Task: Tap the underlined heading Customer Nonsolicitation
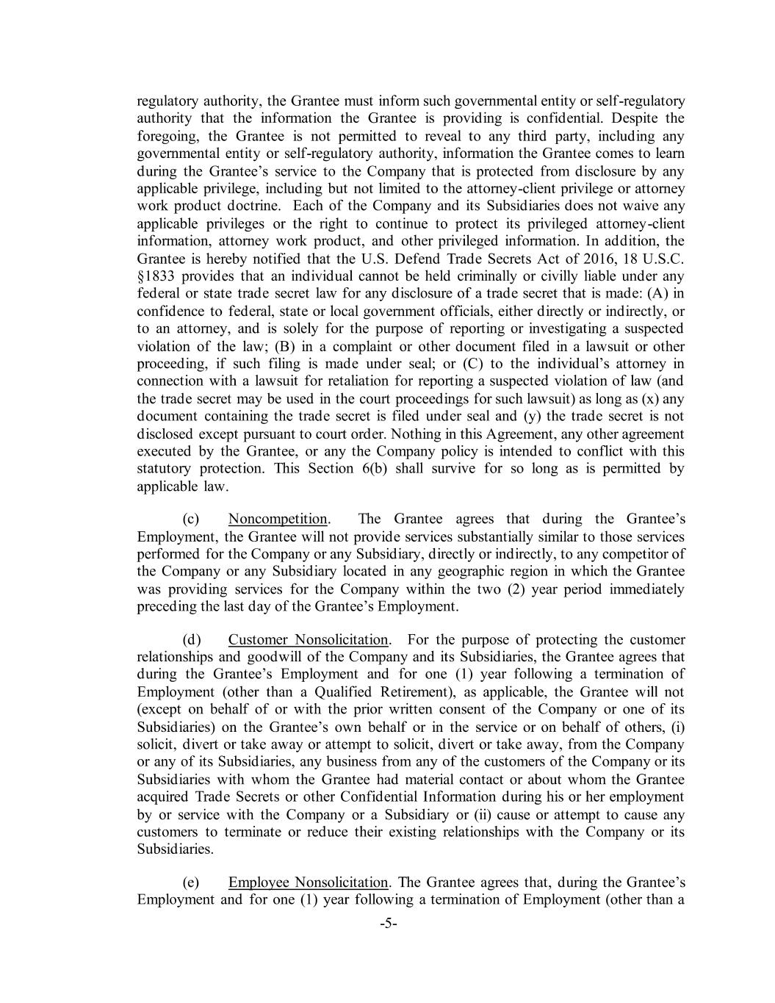(308, 639)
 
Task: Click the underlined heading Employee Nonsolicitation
(308, 882)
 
